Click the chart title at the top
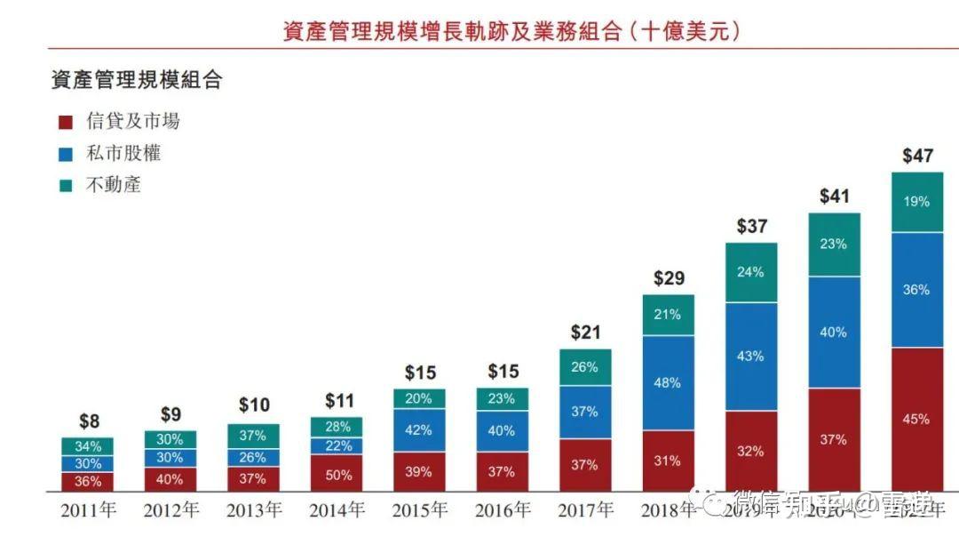pos(511,33)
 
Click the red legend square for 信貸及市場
pos(65,123)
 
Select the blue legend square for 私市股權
pos(65,154)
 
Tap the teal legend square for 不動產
pos(65,186)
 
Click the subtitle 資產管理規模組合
pos(136,80)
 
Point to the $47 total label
pos(917,156)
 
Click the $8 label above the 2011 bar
pos(88,421)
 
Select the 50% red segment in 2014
pos(337,475)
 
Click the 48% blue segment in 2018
pos(668,383)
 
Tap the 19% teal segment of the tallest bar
pos(916,202)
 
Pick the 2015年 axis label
pos(421,511)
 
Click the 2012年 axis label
pos(171,511)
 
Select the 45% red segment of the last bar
pos(916,420)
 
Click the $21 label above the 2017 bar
pos(585,333)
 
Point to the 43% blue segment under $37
pos(750,356)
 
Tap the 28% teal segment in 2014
pos(337,427)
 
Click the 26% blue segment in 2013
pos(253,457)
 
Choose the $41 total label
pos(834,196)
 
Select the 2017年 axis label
pos(585,511)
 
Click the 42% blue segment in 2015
pos(419,430)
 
